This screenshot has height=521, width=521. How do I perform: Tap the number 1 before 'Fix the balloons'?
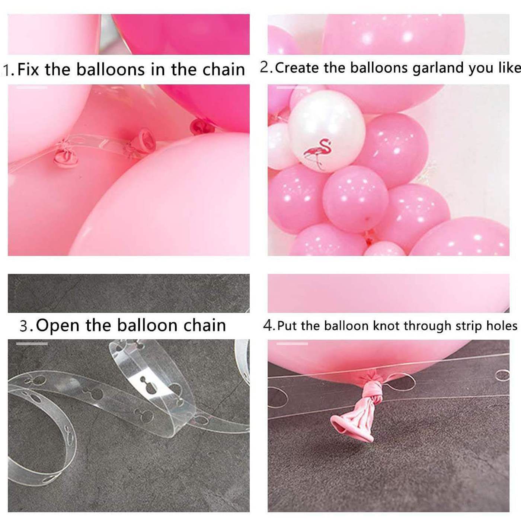point(7,70)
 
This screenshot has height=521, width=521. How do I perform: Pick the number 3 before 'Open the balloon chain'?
point(24,326)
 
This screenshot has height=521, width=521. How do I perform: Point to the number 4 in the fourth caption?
point(268,326)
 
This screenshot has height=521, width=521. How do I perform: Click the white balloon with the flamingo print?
point(327,131)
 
